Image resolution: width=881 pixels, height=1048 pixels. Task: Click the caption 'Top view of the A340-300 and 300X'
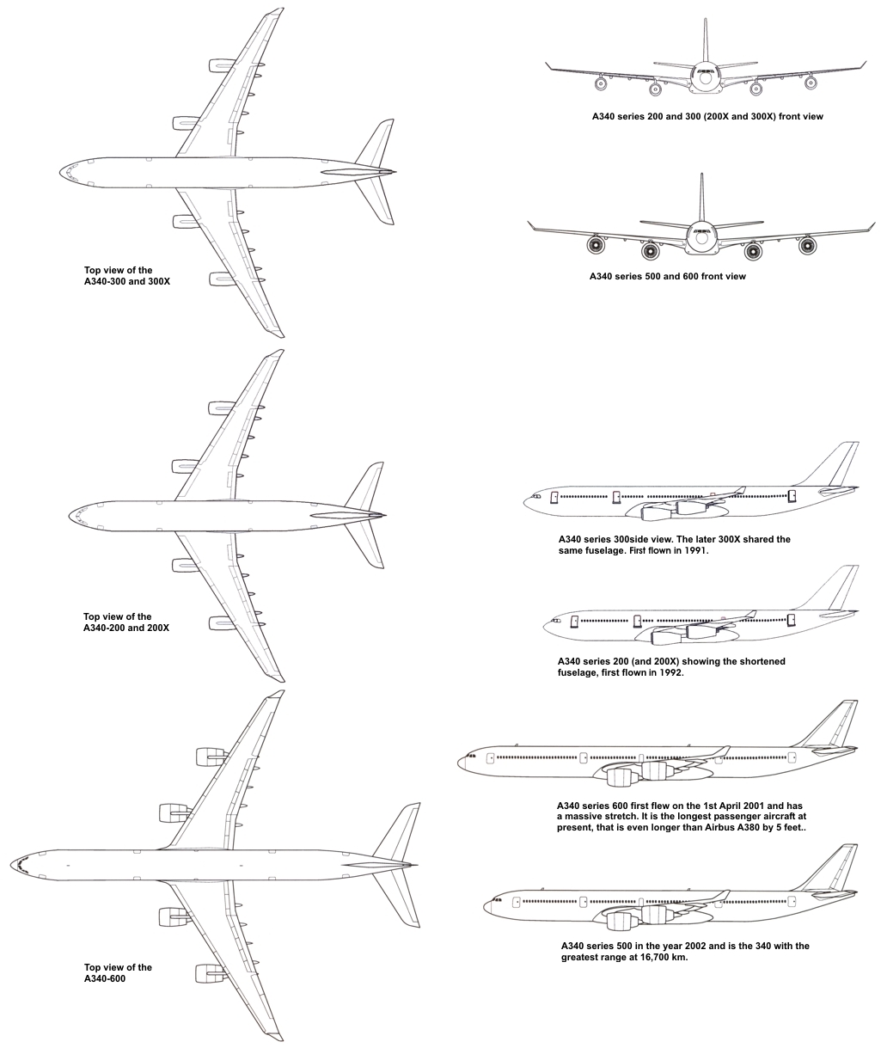[x=126, y=275]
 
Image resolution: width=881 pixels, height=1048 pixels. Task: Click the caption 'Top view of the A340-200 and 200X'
[x=125, y=622]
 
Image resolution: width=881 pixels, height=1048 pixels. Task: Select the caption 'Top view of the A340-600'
[x=118, y=972]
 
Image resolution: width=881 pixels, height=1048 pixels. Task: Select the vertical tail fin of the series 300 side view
[x=837, y=464]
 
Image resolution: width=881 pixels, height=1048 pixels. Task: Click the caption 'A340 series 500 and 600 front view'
[x=667, y=277]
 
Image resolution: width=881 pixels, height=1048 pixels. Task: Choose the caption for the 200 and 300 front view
[x=707, y=116]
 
